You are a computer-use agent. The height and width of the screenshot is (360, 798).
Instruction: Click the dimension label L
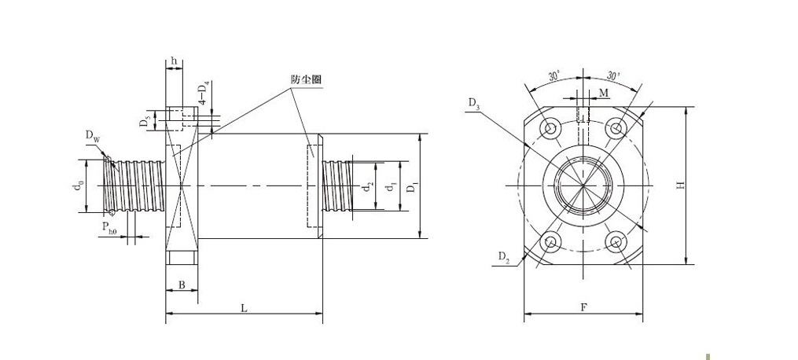pos(244,309)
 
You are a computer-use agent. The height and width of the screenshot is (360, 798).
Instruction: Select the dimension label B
pos(182,285)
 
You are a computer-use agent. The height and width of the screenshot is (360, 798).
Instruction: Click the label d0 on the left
pos(77,186)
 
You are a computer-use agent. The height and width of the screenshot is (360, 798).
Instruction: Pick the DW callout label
pos(93,136)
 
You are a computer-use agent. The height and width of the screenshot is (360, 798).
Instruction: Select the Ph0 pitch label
pos(110,229)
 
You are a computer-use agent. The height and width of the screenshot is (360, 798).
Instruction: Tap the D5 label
pos(145,120)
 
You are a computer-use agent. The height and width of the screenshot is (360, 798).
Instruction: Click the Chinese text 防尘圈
pos(306,79)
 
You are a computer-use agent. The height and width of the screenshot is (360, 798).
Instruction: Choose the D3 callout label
pos(473,103)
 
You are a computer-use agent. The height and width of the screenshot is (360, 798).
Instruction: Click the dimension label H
pos(681,186)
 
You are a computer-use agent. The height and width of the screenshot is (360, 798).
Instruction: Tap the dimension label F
pos(583,307)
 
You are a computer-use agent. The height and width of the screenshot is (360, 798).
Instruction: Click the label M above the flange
pos(603,94)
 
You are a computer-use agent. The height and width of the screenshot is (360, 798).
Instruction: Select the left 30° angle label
pos(554,76)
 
